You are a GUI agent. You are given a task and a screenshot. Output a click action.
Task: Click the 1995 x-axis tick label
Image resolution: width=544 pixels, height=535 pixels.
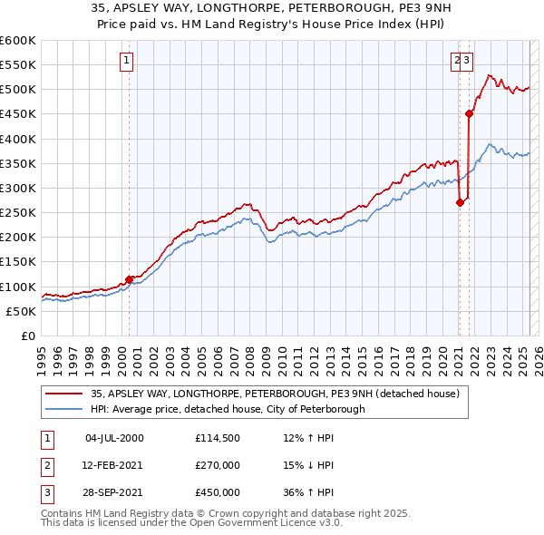pyautogui.click(x=42, y=355)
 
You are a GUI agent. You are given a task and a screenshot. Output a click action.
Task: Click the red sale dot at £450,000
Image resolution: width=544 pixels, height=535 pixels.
pyautogui.click(x=469, y=113)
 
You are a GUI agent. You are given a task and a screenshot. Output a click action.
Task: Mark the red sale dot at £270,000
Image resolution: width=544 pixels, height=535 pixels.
pyautogui.click(x=460, y=202)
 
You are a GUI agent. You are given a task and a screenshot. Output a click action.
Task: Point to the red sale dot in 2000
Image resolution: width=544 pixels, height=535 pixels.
pyautogui.click(x=130, y=278)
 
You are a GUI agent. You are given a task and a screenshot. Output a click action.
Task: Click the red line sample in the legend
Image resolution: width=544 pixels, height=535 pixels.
pyautogui.click(x=63, y=394)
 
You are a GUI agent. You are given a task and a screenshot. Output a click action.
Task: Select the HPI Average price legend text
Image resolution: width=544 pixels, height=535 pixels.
pyautogui.click(x=227, y=409)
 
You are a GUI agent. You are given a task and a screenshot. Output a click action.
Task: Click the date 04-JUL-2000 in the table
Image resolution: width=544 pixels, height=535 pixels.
pyautogui.click(x=114, y=438)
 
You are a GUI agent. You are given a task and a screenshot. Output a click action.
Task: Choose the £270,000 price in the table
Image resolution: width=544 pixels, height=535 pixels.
pyautogui.click(x=218, y=465)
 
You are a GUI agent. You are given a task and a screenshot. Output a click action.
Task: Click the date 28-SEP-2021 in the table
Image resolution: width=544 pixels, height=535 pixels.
pyautogui.click(x=114, y=492)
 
